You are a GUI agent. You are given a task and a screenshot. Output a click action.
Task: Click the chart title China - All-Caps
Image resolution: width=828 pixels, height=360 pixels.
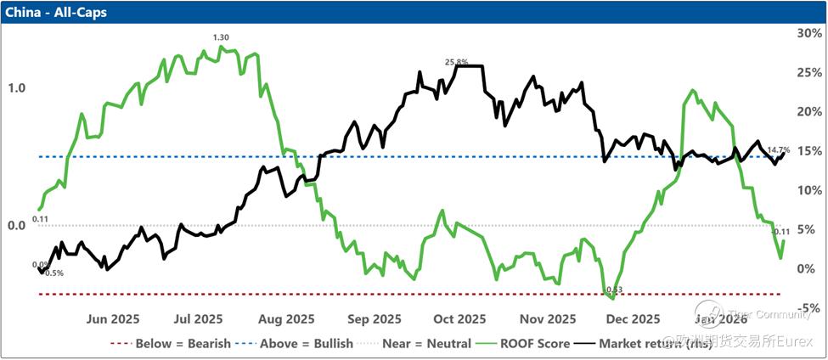click(x=52, y=12)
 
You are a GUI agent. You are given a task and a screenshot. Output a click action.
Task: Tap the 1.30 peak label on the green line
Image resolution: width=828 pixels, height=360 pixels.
click(x=221, y=37)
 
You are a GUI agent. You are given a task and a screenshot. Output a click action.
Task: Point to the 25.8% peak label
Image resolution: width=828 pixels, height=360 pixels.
click(x=456, y=62)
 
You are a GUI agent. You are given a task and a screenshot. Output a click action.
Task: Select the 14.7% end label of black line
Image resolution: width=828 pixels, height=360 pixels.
click(x=779, y=150)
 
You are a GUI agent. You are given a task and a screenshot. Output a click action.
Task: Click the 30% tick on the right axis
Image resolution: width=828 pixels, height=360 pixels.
click(x=804, y=33)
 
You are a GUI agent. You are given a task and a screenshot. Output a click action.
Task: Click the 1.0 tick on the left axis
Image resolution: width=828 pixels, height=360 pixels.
click(x=16, y=88)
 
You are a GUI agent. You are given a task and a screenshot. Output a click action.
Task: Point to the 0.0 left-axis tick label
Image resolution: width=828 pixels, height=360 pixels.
click(x=16, y=226)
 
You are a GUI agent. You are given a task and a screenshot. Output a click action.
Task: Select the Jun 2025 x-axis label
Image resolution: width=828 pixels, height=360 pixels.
click(x=113, y=319)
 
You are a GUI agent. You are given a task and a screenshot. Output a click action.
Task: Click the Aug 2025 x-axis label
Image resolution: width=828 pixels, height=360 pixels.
click(x=287, y=319)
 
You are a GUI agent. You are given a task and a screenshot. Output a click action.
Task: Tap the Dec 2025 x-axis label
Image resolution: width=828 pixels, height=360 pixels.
click(x=634, y=319)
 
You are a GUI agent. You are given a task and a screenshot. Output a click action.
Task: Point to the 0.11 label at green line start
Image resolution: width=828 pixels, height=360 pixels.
click(x=40, y=219)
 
